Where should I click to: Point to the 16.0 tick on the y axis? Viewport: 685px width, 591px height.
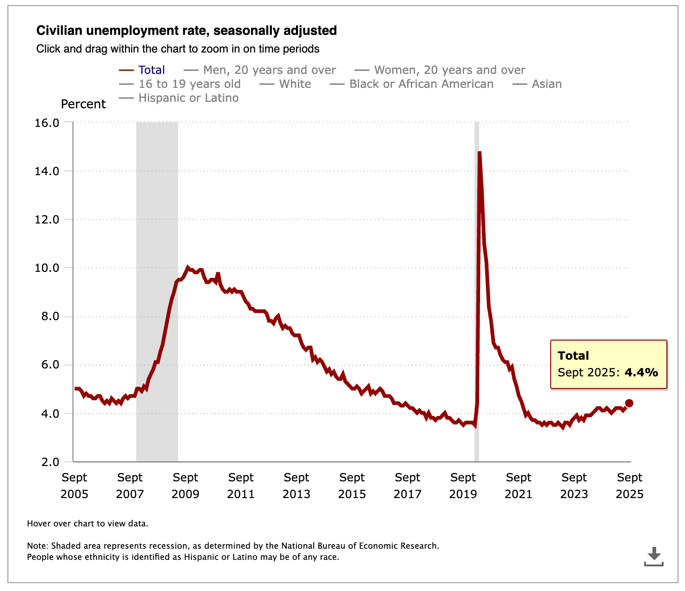click(46, 123)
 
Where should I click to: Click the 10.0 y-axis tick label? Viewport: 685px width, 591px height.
click(46, 268)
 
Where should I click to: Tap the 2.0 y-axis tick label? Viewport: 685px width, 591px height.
click(50, 462)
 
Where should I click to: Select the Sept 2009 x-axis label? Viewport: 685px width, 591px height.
click(185, 486)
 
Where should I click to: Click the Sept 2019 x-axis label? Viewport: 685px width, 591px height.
click(463, 486)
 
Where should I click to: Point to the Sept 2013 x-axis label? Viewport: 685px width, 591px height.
click(296, 486)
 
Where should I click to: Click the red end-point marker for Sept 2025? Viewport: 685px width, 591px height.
click(629, 403)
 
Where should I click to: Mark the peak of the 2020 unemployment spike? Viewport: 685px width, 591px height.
click(479, 152)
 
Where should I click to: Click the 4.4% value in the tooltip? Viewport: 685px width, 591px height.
click(641, 372)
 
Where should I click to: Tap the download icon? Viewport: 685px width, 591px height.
click(653, 556)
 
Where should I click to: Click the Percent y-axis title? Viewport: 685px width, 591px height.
click(84, 104)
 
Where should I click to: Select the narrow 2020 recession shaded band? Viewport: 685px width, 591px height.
click(477, 288)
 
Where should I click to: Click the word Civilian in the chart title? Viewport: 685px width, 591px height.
click(59, 31)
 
